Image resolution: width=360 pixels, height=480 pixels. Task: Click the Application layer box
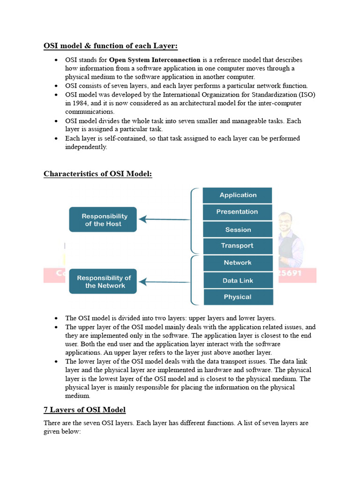click(x=237, y=195)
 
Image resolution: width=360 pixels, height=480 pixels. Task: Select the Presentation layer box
click(x=237, y=212)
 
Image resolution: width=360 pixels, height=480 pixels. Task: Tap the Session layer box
click(x=237, y=230)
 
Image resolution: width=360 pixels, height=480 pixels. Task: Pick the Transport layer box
click(x=237, y=246)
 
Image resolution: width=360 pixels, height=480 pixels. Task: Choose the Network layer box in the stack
click(x=237, y=263)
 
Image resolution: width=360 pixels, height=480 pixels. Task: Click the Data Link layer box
click(x=237, y=280)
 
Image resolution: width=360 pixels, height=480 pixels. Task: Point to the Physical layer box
click(x=237, y=297)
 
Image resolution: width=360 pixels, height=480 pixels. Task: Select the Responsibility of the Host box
click(x=103, y=220)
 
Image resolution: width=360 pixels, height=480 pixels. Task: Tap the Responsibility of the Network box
click(x=103, y=281)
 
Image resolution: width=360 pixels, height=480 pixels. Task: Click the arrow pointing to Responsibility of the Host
click(x=164, y=219)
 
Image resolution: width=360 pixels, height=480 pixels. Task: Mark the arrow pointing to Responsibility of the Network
click(x=164, y=282)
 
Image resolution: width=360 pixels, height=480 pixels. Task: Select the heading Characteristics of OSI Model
click(x=97, y=174)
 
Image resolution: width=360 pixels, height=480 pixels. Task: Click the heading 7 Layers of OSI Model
click(x=84, y=410)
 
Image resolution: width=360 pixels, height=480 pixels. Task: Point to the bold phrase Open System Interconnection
click(x=155, y=60)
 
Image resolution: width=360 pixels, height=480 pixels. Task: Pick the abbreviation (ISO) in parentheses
click(x=306, y=95)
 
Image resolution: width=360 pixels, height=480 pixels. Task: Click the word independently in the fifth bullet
click(x=86, y=147)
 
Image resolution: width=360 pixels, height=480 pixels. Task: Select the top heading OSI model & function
click(x=111, y=46)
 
